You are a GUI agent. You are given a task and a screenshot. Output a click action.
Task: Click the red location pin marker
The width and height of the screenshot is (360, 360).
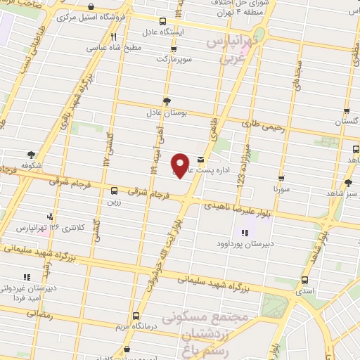coord(181,165)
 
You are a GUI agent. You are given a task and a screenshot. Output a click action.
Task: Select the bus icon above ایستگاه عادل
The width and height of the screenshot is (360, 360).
coord(163,21)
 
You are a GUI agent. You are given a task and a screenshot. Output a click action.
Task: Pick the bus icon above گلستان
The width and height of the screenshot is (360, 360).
coord(347,110)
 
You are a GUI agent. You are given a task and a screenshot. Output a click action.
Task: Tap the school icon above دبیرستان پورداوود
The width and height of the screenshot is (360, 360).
coord(244,233)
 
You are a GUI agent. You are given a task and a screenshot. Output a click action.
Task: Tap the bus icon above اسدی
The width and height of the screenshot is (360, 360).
coord(304,280)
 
